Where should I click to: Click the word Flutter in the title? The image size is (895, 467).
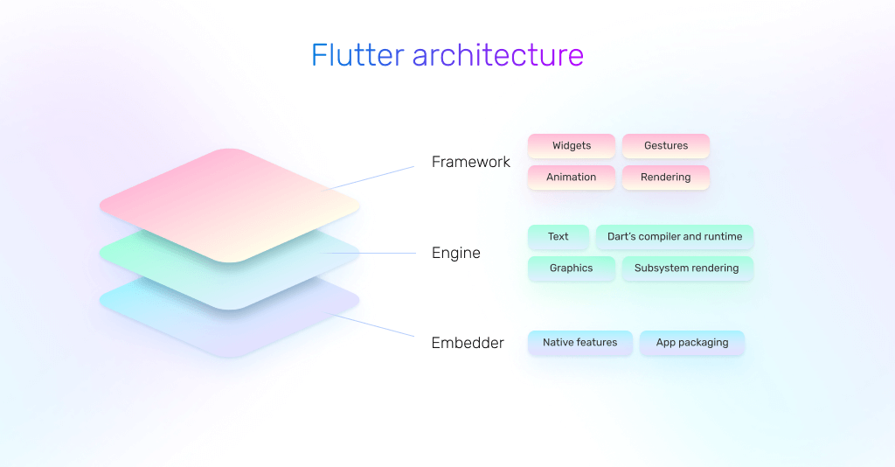pos(357,56)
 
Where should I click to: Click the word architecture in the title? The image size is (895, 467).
pos(498,56)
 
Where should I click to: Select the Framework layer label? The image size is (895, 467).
pos(471,162)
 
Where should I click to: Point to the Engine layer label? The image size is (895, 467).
pos(456,253)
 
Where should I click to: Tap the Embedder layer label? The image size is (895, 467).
pos(468,343)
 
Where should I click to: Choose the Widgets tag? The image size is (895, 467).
pos(572,146)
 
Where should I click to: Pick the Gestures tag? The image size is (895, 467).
pos(666,146)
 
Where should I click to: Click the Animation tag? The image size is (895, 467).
pos(572,178)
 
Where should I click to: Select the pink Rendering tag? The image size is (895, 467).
pos(666,178)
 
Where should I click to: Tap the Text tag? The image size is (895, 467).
pos(559,237)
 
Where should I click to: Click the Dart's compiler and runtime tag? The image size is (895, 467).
pos(675,237)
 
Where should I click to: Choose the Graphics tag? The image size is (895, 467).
pos(572,268)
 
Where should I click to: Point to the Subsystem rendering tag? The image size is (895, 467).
pos(687,268)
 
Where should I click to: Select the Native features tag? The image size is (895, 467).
pos(580,343)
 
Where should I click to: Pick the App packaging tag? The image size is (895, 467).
pos(692,343)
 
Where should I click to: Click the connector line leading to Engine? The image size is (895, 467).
pos(376,254)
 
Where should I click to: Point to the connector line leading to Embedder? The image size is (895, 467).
pos(376,325)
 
